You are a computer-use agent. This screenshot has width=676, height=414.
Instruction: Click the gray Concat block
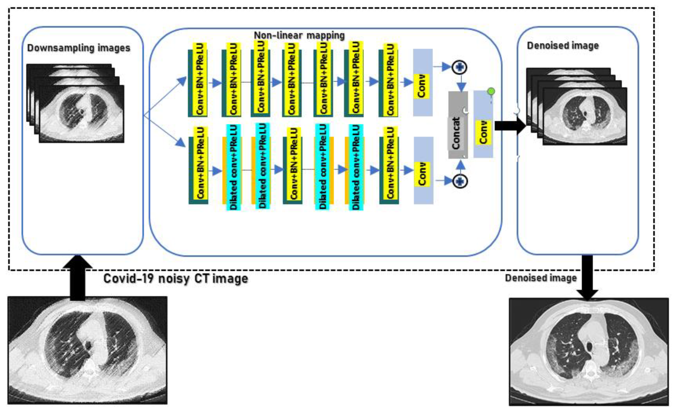tap(458, 125)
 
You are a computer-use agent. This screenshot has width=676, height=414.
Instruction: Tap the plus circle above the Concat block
tap(459, 67)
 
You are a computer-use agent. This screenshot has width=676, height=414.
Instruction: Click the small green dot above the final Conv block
tap(491, 91)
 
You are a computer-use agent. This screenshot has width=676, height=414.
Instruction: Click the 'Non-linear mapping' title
tap(299, 35)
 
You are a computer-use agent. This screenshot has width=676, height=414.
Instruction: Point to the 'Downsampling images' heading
tap(78, 48)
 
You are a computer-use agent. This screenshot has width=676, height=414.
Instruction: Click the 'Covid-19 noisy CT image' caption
tap(175, 279)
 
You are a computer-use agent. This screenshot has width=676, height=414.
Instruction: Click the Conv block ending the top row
tap(423, 82)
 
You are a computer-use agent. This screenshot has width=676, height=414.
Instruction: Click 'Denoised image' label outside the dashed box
tap(541, 278)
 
